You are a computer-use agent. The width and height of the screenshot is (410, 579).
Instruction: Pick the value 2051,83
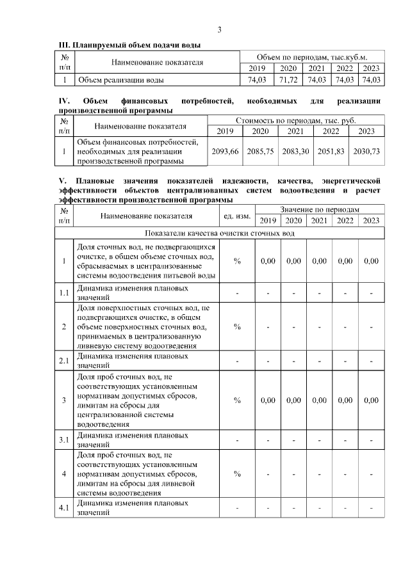331,152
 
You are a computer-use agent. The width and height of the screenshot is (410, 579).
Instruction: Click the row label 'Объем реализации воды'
119,80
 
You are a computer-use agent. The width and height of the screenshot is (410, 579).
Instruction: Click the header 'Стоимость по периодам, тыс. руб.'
296,120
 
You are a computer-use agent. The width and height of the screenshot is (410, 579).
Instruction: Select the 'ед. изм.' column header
237,215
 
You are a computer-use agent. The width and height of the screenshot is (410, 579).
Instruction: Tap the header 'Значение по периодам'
319,209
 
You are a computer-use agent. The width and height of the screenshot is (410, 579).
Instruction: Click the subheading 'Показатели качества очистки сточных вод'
220,233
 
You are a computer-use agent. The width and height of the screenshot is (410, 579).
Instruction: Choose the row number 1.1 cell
63,293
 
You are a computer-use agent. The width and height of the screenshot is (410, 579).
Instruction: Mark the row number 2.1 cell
63,360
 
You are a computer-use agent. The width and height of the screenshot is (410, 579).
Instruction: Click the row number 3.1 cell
63,440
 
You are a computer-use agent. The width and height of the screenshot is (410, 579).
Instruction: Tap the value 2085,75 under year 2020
259,152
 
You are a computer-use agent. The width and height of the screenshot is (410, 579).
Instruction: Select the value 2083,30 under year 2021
295,152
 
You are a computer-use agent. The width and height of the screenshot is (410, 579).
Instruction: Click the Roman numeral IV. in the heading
64,101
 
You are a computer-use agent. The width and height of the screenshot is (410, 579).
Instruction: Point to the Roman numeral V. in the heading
62,181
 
